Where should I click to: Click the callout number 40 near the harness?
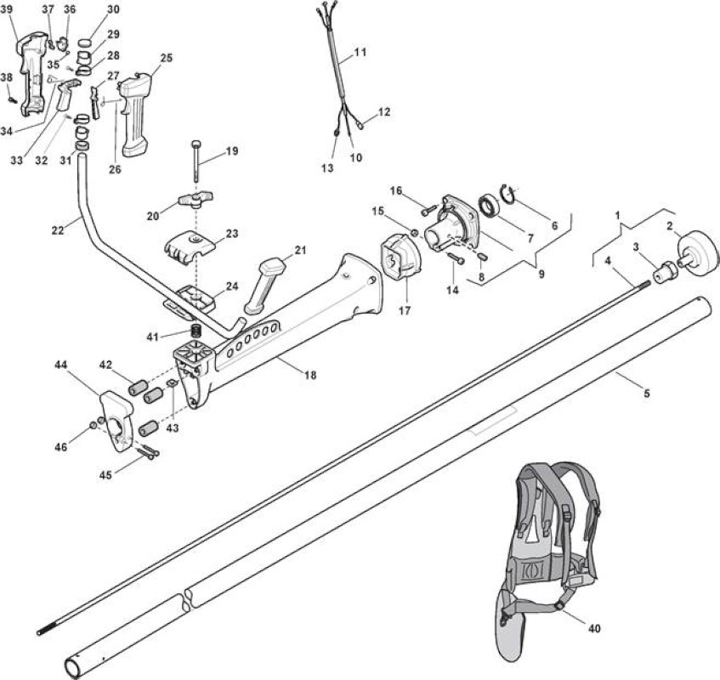[x=594, y=627]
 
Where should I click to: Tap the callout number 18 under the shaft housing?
[x=310, y=375]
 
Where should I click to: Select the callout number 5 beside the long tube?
[x=647, y=393]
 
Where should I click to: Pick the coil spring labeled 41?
[x=197, y=331]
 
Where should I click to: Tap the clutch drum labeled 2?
[x=698, y=251]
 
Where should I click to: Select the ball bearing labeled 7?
[x=489, y=206]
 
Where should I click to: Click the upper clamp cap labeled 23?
[x=190, y=246]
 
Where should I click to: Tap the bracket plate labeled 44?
[x=116, y=420]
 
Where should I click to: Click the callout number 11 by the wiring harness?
[x=361, y=52]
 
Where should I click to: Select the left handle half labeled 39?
[x=33, y=73]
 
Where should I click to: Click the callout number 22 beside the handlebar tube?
[x=58, y=230]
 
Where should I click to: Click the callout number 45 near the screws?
[x=105, y=475]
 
